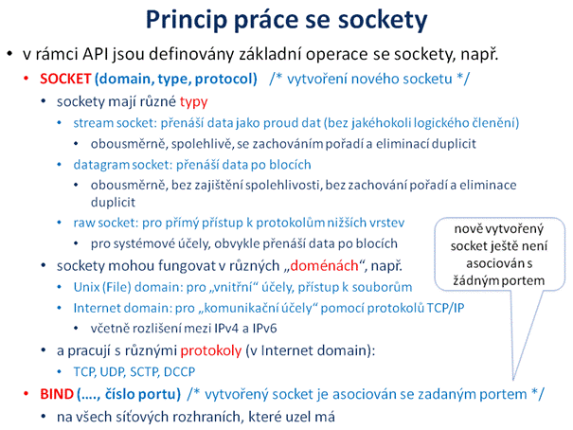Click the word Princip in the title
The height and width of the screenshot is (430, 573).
pyautogui.click(x=186, y=20)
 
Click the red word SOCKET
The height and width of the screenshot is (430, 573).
pyautogui.click(x=65, y=79)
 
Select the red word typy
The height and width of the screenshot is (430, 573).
pyautogui.click(x=193, y=102)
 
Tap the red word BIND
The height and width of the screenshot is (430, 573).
pyautogui.click(x=57, y=394)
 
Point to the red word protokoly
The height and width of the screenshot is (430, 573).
pyautogui.click(x=211, y=350)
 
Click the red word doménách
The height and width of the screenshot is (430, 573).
pyautogui.click(x=324, y=265)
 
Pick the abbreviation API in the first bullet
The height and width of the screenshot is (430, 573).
pyautogui.click(x=96, y=54)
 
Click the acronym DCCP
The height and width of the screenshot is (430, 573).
pyautogui.click(x=179, y=372)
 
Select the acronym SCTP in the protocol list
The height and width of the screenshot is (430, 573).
pyautogui.click(x=145, y=372)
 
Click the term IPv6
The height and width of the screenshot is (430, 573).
pyautogui.click(x=264, y=329)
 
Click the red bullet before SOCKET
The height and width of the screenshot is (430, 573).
pyautogui.click(x=26, y=79)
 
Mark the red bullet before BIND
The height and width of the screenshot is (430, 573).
pyautogui.click(x=26, y=393)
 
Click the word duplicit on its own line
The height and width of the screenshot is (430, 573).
pyautogui.click(x=113, y=203)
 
